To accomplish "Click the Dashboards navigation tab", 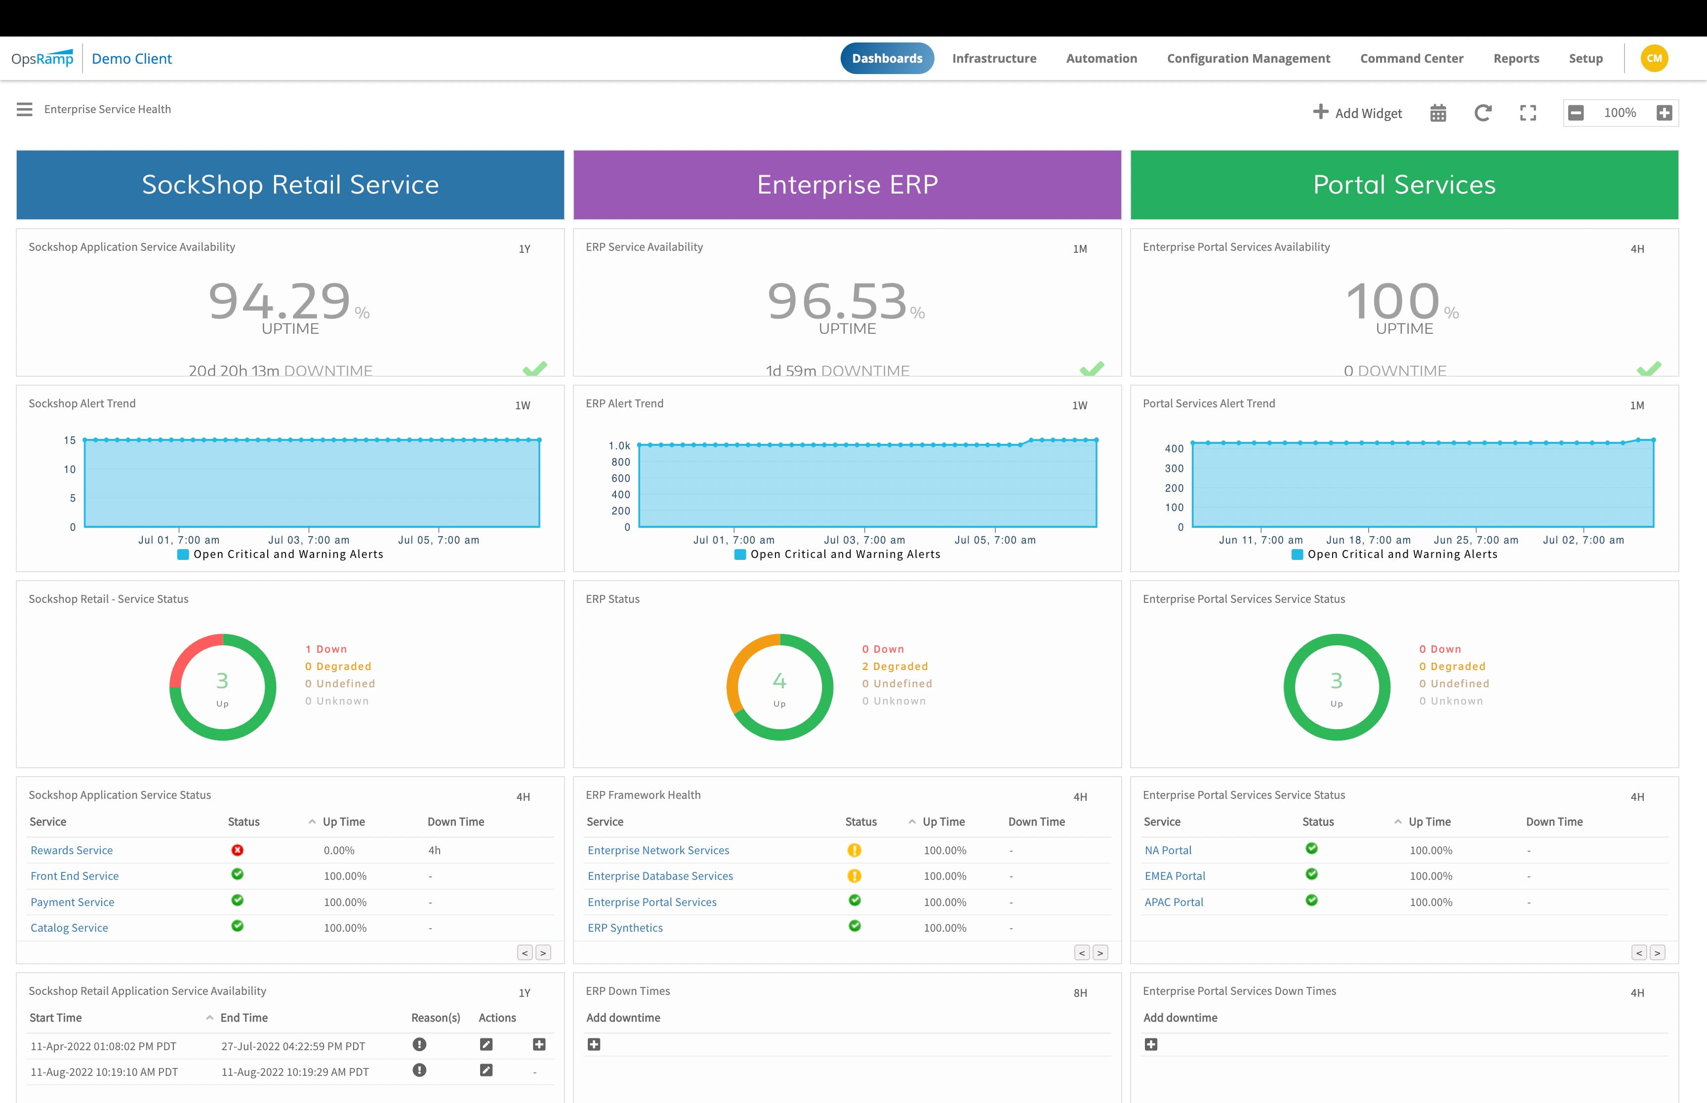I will pos(887,59).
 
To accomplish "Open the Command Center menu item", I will pos(1411,59).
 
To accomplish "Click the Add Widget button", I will pos(1357,113).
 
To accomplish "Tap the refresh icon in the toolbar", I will pos(1483,113).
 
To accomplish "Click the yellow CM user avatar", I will pos(1654,59).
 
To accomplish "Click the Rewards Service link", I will pos(72,850).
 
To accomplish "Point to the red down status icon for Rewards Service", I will pos(237,850).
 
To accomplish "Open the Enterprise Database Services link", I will pos(660,876).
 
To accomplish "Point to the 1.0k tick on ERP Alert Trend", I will pos(619,445).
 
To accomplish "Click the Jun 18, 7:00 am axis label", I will pos(1368,540).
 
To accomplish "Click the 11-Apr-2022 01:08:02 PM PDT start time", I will pos(103,1046).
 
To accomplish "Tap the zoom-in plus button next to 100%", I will pos(1664,113).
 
